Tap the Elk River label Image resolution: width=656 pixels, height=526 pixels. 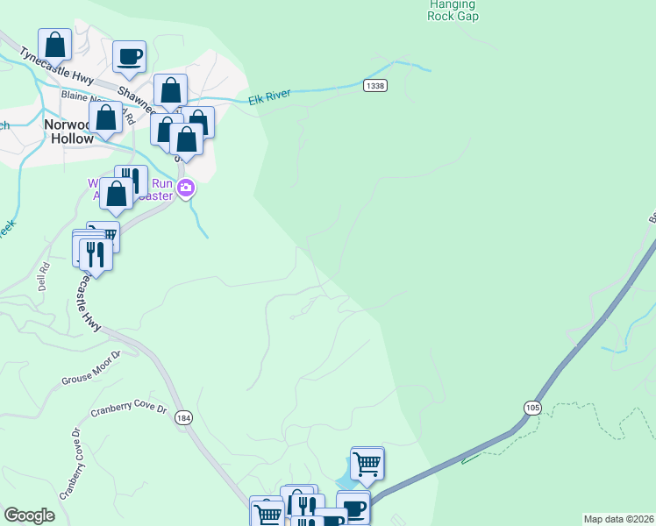point(268,99)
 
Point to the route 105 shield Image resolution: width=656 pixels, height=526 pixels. point(534,408)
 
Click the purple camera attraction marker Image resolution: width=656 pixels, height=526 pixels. point(185,188)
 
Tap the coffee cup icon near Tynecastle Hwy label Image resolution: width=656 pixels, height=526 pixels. point(130,56)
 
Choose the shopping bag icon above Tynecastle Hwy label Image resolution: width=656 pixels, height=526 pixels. point(55,45)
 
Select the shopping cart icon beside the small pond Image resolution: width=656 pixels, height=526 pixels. point(367,462)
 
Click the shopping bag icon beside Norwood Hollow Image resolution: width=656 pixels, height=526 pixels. point(106,117)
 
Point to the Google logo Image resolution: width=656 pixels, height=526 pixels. point(30,515)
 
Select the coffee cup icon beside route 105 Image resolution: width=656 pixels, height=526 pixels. point(353,508)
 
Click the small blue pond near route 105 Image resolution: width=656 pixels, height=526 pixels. point(344,481)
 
